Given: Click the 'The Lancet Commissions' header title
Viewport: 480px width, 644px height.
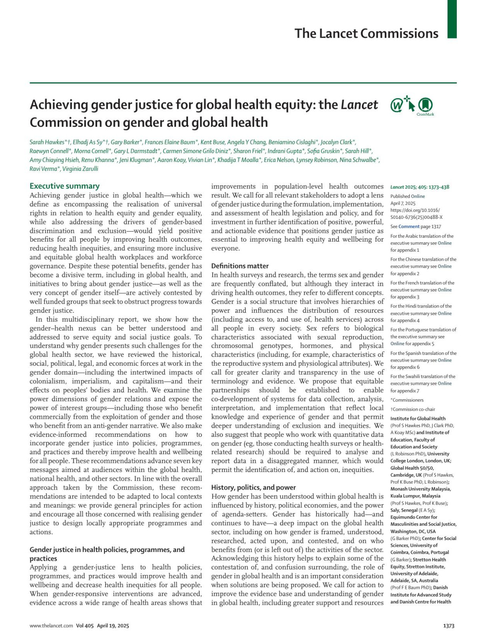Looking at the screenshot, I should [x=366, y=34].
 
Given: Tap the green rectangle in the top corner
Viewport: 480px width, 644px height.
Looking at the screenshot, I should [x=452, y=19].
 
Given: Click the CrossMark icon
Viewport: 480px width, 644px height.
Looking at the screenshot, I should [x=425, y=106].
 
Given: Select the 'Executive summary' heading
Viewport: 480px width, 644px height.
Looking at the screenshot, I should [x=64, y=186].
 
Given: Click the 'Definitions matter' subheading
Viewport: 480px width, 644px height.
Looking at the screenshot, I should [x=240, y=266].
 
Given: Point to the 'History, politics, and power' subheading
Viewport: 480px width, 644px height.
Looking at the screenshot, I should [x=254, y=488].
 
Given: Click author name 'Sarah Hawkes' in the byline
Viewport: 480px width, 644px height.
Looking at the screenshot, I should [x=46, y=142].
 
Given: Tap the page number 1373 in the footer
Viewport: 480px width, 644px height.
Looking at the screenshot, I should [x=449, y=626].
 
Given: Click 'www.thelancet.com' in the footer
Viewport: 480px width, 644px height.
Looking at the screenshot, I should [x=51, y=626].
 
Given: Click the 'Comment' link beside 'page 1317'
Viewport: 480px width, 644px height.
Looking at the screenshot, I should [x=409, y=226].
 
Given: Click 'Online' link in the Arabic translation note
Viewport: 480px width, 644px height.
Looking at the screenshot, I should [x=444, y=243].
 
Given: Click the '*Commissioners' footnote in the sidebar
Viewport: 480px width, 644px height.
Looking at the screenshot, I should [x=407, y=400].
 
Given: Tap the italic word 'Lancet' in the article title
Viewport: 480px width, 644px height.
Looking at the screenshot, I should [x=359, y=105].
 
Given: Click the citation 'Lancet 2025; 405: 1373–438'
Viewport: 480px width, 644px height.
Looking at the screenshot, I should [x=420, y=187].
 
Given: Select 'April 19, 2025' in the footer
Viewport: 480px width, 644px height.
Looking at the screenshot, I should [x=113, y=626].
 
